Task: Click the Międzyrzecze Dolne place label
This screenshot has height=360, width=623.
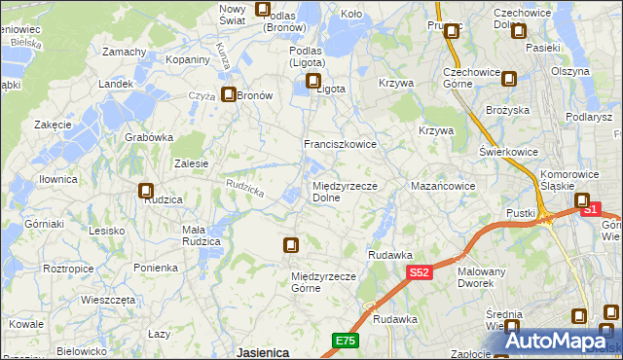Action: click(338, 192)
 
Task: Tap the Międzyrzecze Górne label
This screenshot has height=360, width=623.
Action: click(319, 282)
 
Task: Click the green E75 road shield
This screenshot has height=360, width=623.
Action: click(345, 341)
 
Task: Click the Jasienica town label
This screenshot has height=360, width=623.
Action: click(262, 352)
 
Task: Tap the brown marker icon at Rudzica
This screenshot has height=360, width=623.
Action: click(146, 192)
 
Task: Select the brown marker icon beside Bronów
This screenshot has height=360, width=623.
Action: click(229, 95)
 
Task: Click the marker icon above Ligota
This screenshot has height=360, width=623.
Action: click(313, 82)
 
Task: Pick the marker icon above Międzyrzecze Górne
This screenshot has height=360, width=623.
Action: click(290, 245)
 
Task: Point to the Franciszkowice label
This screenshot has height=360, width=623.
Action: click(340, 144)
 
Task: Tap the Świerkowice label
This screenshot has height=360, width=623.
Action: click(510, 154)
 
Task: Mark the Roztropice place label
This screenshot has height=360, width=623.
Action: click(41, 268)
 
